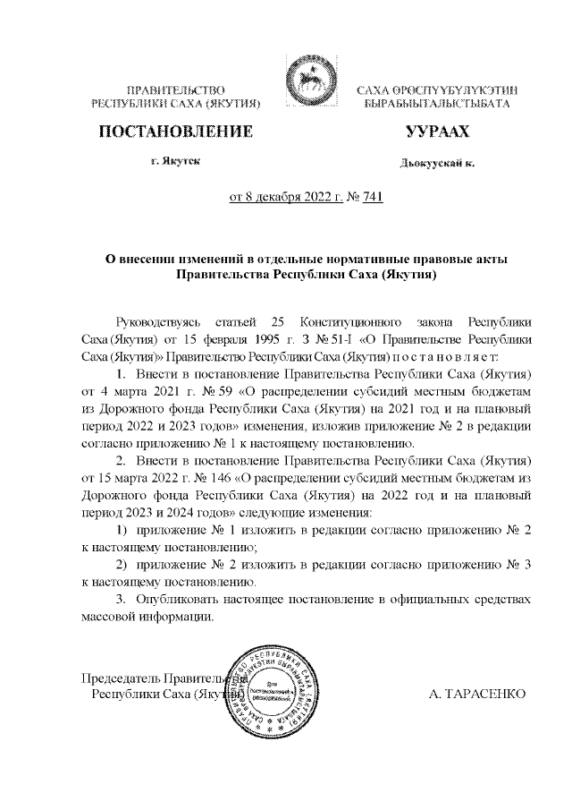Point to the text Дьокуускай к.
click(x=437, y=164)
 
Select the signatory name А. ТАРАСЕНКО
click(x=477, y=694)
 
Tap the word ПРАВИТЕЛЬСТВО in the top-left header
click(x=175, y=90)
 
